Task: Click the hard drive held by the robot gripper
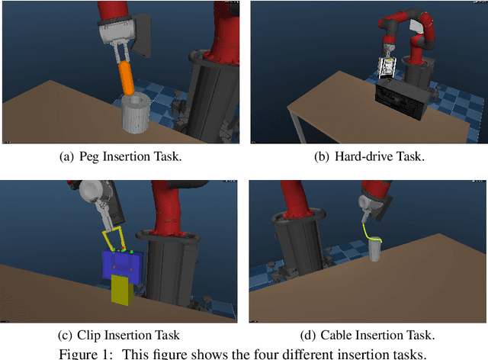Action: point(387,69)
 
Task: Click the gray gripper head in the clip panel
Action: point(97,195)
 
